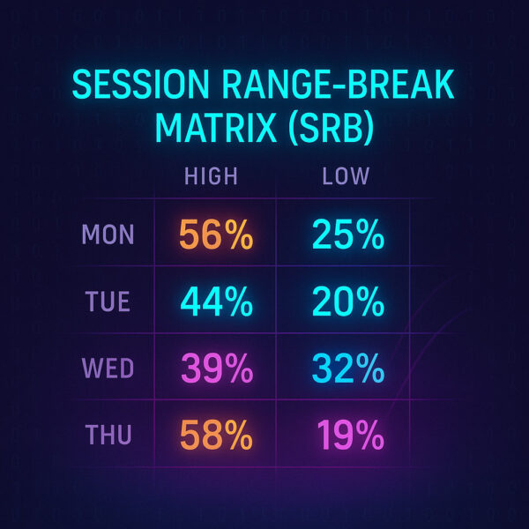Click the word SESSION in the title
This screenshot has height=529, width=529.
point(141,85)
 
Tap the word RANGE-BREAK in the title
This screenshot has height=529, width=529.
point(339,85)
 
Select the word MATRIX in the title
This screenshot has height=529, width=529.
point(216,128)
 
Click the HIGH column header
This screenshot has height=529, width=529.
point(212,175)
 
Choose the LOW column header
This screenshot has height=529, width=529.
point(346,175)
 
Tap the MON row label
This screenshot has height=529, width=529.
point(108,235)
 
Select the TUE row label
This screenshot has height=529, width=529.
point(108,301)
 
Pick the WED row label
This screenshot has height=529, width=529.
point(108,368)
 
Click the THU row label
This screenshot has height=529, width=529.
point(108,435)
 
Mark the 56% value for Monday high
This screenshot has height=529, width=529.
point(216,235)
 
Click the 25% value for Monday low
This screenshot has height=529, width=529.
point(348,235)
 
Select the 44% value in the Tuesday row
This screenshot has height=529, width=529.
point(217,301)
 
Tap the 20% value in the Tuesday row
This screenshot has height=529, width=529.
point(348,301)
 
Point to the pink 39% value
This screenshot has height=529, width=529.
point(217,368)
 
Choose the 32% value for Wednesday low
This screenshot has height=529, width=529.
point(348,368)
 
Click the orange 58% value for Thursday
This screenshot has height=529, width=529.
point(216,435)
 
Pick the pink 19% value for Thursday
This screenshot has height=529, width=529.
point(351,435)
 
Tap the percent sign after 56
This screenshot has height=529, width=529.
point(239,235)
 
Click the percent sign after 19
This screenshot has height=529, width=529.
point(370,435)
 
